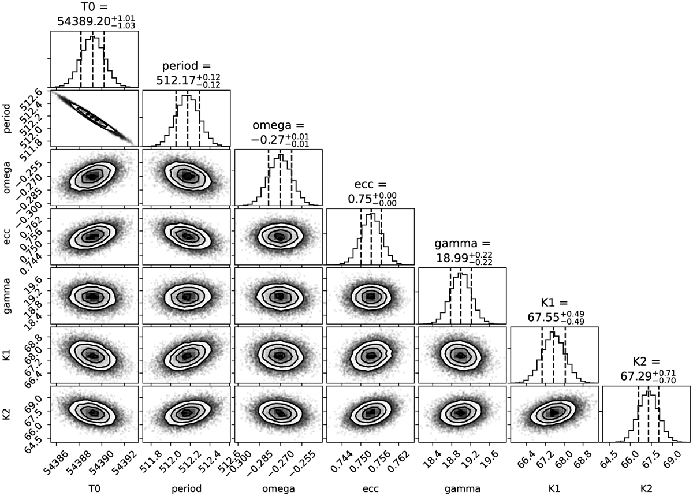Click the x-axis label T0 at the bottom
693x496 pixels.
click(94, 488)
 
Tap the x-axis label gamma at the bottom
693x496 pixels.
click(461, 488)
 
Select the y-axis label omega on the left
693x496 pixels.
click(7, 177)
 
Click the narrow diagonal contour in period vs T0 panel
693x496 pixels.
click(93, 118)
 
